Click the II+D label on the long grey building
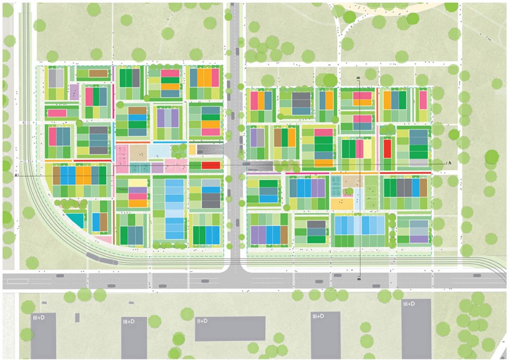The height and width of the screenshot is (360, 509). [x=203, y=321]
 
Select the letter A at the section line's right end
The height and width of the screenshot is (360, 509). [x=450, y=163]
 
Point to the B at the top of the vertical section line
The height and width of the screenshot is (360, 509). [x=359, y=78]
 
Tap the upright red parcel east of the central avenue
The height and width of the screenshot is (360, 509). [x=387, y=149]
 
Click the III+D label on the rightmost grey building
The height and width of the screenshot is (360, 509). [x=409, y=304]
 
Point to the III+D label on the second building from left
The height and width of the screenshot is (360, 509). [x=128, y=321]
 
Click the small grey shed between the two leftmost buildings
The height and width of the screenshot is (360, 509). [x=77, y=318]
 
